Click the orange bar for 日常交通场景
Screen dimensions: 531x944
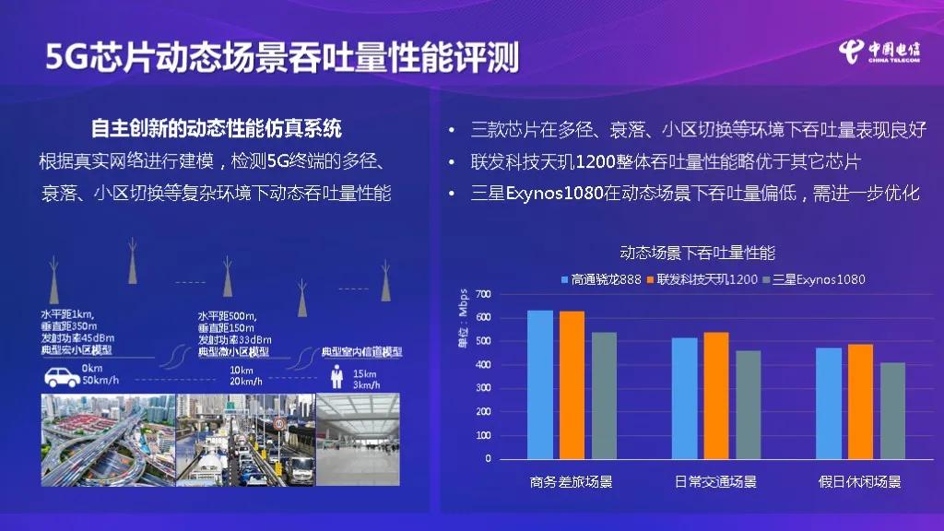coord(716,395)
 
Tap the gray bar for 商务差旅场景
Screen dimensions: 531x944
coord(604,395)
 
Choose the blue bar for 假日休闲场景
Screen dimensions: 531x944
coord(829,403)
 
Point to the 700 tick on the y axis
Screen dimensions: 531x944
coord(483,294)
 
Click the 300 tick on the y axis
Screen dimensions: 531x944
coord(483,388)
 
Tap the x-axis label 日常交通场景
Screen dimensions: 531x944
coord(715,482)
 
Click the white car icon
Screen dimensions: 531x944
coord(62,376)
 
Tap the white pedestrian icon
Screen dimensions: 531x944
coord(337,377)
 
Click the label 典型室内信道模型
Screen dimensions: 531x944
coord(361,352)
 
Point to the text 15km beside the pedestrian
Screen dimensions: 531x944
coord(365,372)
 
